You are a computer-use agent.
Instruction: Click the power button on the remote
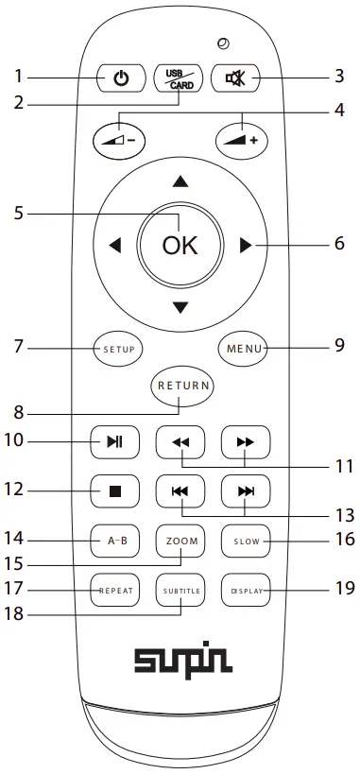[x=120, y=78]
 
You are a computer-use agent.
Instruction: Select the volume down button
[x=120, y=139]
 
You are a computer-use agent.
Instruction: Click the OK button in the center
[x=180, y=246]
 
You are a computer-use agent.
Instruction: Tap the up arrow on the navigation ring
[x=180, y=181]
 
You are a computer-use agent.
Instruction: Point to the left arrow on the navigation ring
[x=115, y=246]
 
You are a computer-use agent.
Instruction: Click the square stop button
[x=114, y=491]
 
